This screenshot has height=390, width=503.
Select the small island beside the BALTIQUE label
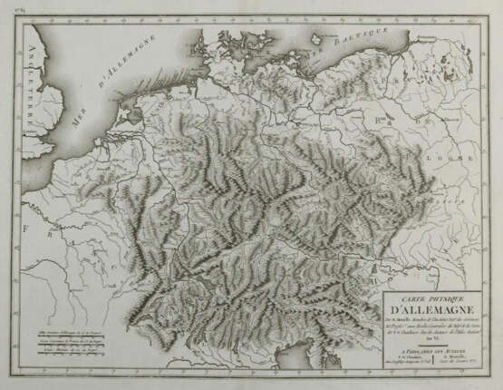click(x=317, y=38)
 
